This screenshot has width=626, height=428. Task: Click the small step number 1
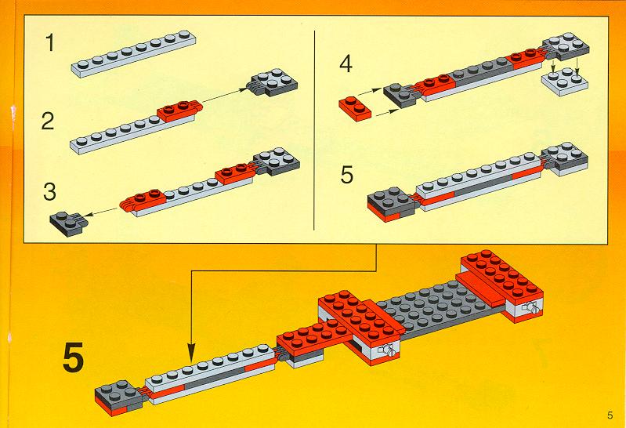pos(49,43)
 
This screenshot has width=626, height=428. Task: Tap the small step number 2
pos(48,121)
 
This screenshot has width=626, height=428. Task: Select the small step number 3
pos(49,191)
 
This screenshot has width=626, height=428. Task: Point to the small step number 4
pos(346,64)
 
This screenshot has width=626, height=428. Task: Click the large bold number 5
pos(74,357)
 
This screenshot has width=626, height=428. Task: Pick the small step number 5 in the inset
pos(347,175)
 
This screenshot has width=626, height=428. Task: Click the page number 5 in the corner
pos(610,415)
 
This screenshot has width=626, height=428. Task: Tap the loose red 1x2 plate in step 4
pos(355,108)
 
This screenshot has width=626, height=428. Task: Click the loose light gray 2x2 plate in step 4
pos(565,82)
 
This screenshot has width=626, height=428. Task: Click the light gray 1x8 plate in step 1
pos(135,54)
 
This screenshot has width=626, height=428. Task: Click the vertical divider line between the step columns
pos(315,130)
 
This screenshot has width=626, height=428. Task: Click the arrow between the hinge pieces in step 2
pos(225,98)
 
